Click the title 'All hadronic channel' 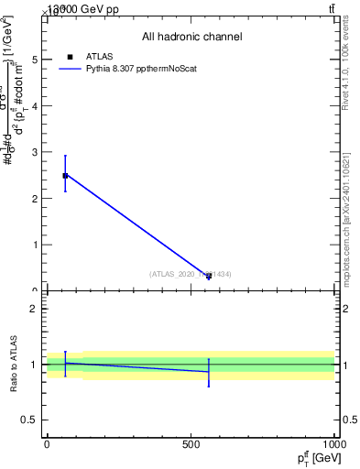(x=191, y=37)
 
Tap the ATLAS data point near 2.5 (x=65, y=175)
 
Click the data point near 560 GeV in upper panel (x=209, y=276)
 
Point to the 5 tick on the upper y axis (x=36, y=59)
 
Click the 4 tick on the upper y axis (x=36, y=105)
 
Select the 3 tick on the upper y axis (x=36, y=152)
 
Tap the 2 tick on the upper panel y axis (x=36, y=198)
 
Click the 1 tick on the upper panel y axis (x=36, y=245)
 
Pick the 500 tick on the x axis (x=191, y=444)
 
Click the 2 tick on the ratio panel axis (x=36, y=309)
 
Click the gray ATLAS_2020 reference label (x=191, y=274)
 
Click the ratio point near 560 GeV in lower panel (x=209, y=371)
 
